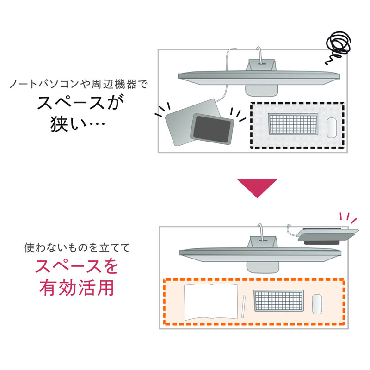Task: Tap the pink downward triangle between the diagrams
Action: (257, 187)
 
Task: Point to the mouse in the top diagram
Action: (332, 126)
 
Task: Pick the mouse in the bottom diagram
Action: (317, 304)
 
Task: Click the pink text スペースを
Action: (76, 267)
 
